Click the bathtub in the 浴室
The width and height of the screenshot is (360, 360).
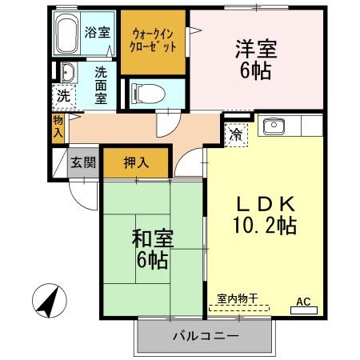point(70,33)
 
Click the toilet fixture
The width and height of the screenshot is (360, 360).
point(146,93)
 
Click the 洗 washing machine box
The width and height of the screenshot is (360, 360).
point(62,95)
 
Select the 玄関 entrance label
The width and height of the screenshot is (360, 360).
point(82,162)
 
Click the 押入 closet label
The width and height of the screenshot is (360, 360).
point(136,162)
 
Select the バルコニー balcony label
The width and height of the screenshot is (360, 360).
point(206,335)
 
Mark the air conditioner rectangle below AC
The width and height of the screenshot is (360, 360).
point(304,310)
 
